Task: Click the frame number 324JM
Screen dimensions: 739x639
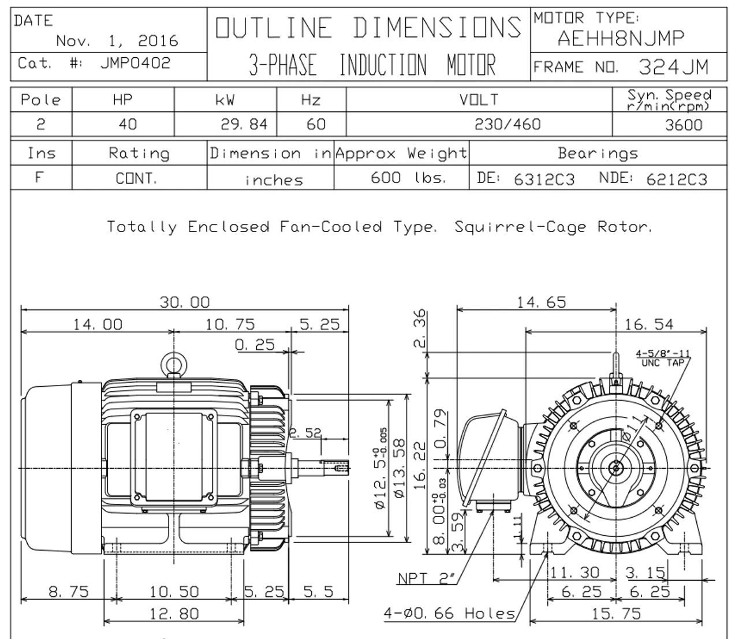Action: pyautogui.click(x=673, y=67)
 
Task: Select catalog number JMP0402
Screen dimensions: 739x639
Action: pyautogui.click(x=136, y=63)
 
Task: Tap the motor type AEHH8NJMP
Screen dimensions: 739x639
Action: pyautogui.click(x=621, y=38)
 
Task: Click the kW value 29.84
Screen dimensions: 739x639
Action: pyautogui.click(x=244, y=124)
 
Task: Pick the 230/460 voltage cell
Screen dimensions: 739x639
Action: pyautogui.click(x=507, y=124)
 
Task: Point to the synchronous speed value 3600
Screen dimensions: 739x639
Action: pyautogui.click(x=684, y=125)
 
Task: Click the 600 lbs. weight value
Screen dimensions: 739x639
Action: pyautogui.click(x=408, y=178)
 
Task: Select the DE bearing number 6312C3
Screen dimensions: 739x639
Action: pyautogui.click(x=544, y=180)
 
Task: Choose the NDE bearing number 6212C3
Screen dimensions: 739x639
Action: pyautogui.click(x=677, y=180)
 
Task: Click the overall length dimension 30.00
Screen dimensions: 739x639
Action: pyautogui.click(x=185, y=302)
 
